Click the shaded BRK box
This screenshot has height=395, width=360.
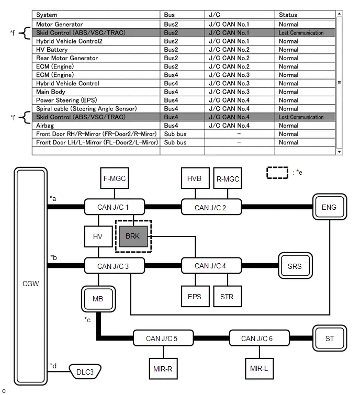point(133,236)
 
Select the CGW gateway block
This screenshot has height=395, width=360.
point(30,276)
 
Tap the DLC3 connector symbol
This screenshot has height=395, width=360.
point(85,371)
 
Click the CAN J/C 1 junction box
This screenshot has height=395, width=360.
point(115,207)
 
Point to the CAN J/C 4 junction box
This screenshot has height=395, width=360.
point(211,266)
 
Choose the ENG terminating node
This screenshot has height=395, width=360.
point(329,207)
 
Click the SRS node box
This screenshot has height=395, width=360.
point(295,266)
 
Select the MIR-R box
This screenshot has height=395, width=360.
point(163,368)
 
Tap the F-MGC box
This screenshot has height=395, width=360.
point(115,178)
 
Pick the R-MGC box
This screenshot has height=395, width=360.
point(228,178)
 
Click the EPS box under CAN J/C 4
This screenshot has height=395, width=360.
point(195,296)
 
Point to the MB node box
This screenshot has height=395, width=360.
point(98,299)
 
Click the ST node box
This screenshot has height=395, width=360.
point(330,338)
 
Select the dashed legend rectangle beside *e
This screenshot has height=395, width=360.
point(277,173)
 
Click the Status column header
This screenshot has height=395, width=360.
point(288,15)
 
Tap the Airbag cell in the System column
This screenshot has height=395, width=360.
point(45,126)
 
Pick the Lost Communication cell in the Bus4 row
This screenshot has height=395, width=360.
point(301,117)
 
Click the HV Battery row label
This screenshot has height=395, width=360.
point(52,50)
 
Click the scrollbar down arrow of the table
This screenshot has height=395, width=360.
point(340,152)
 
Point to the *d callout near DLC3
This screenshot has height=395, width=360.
point(53,366)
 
